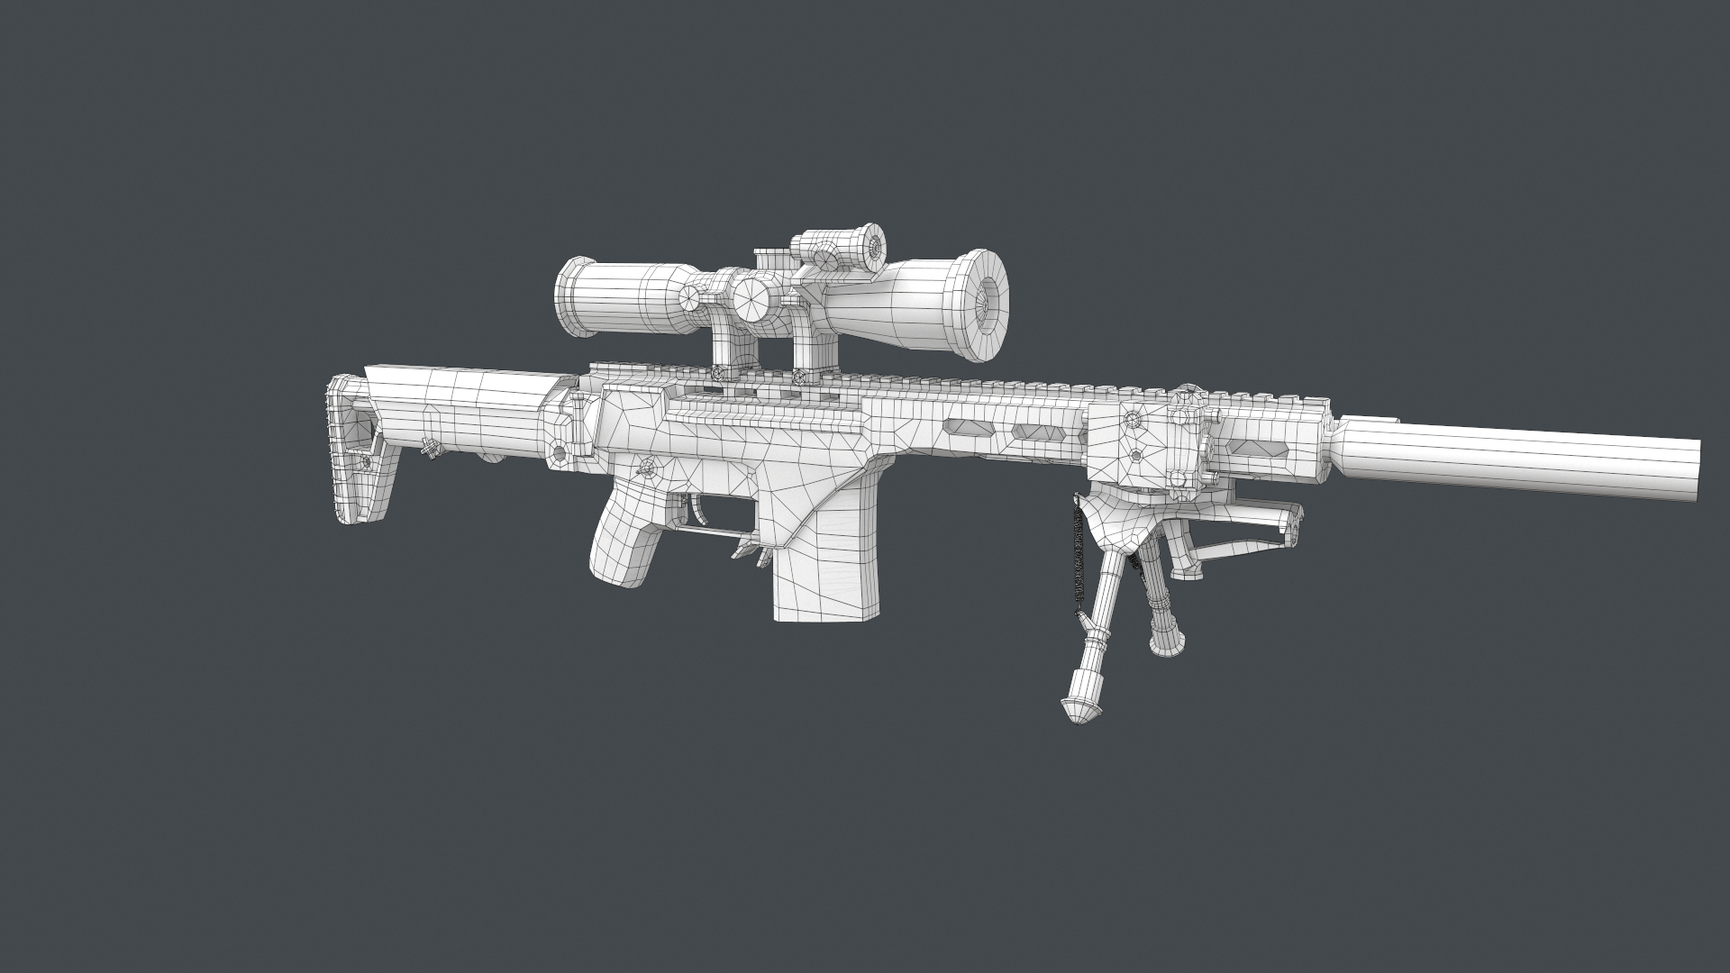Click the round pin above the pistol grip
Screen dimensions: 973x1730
point(646,468)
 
